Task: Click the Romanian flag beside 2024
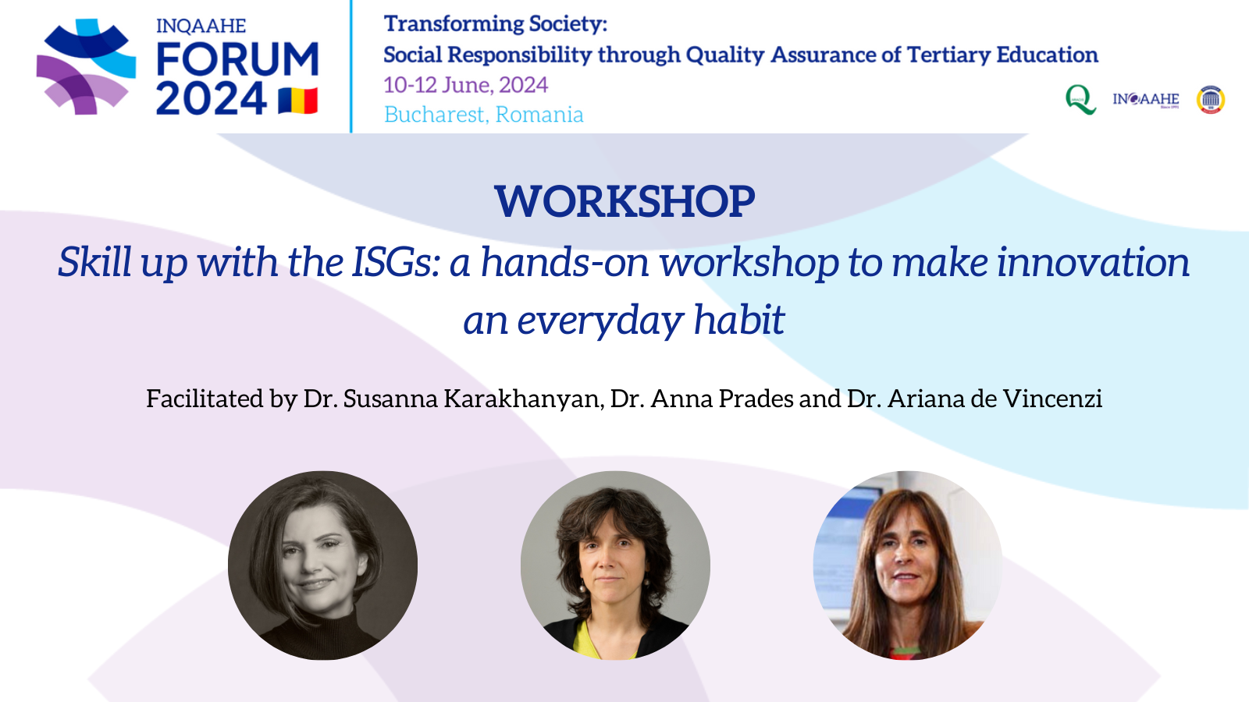click(298, 101)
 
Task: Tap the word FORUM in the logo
click(237, 58)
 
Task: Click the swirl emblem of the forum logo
click(86, 66)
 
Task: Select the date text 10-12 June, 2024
click(465, 85)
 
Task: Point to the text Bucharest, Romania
click(483, 114)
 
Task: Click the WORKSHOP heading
click(624, 201)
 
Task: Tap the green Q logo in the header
click(1080, 100)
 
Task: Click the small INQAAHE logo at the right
click(1146, 100)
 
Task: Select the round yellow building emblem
click(1211, 100)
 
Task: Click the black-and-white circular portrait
click(322, 565)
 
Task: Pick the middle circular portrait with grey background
click(615, 565)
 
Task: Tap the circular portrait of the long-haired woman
click(908, 565)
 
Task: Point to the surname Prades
click(756, 399)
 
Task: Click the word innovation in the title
click(1093, 262)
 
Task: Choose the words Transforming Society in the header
click(495, 24)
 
